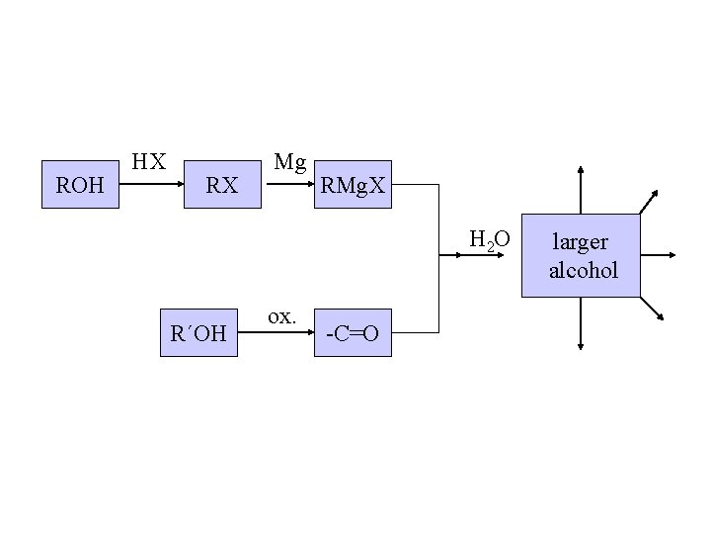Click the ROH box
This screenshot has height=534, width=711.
click(80, 184)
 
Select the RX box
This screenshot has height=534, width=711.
click(222, 184)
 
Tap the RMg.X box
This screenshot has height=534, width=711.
click(354, 184)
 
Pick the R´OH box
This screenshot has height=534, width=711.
click(198, 332)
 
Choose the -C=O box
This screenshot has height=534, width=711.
click(353, 332)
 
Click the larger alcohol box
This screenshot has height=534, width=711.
click(581, 255)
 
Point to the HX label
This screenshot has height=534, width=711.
click(149, 161)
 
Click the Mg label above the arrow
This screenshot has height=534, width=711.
click(290, 161)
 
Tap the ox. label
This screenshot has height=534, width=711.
click(281, 317)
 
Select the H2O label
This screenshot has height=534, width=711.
click(490, 239)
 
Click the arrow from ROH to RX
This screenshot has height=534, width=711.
click(152, 184)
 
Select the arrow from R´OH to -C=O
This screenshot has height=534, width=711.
click(276, 332)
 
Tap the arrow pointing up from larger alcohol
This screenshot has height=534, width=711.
click(581, 188)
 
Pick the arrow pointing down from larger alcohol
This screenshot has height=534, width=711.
click(581, 323)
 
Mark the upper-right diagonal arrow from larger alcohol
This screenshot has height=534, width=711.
click(651, 201)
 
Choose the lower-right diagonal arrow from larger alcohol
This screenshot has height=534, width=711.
click(652, 310)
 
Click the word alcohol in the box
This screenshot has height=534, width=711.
click(583, 269)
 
